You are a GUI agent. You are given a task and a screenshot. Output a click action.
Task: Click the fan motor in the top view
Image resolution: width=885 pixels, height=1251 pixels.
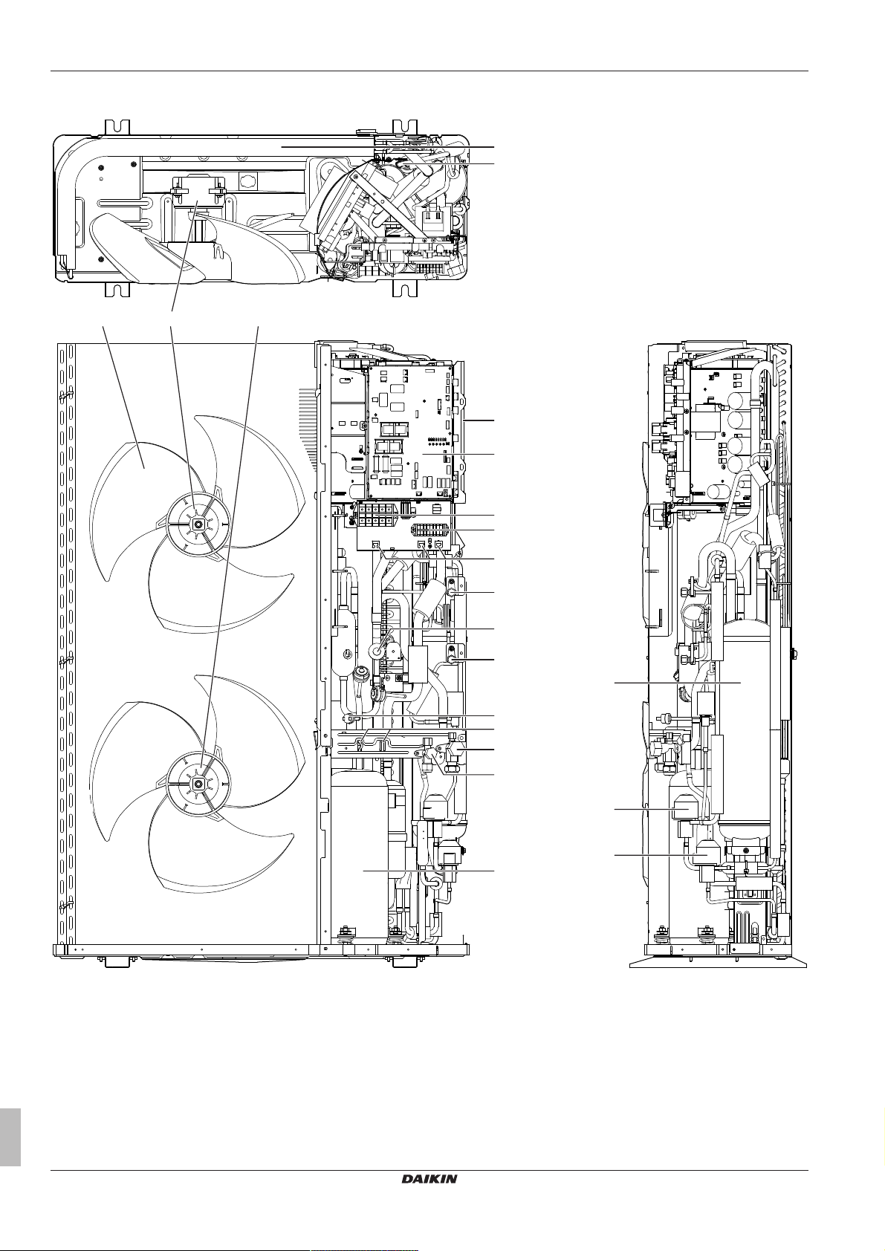[x=195, y=204]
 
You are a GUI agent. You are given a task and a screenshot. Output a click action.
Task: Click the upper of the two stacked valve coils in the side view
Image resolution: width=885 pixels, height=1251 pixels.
[x=684, y=806]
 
